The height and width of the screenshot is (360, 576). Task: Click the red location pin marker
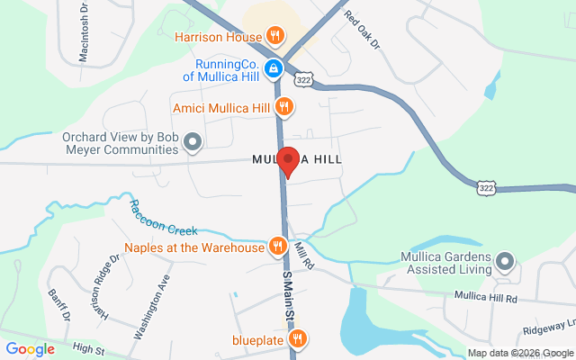pyautogui.click(x=288, y=160)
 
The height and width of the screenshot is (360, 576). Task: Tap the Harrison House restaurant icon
pyautogui.click(x=275, y=37)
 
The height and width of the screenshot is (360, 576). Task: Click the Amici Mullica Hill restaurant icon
pyautogui.click(x=284, y=108)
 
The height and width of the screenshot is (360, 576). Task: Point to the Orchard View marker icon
pyautogui.click(x=192, y=142)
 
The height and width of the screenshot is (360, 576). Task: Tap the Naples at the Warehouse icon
pyautogui.click(x=278, y=246)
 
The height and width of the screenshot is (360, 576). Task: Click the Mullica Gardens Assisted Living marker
pyautogui.click(x=505, y=263)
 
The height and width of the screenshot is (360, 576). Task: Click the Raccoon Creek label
pyautogui.click(x=162, y=219)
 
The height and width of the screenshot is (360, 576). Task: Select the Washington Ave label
pyautogui.click(x=151, y=306)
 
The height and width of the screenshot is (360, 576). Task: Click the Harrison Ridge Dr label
pyautogui.click(x=104, y=289)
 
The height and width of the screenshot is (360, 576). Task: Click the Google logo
pyautogui.click(x=31, y=348)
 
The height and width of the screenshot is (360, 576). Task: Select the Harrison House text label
pyautogui.click(x=218, y=37)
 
